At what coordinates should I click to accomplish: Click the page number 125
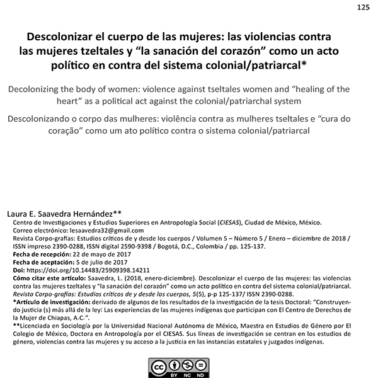(363, 8)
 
